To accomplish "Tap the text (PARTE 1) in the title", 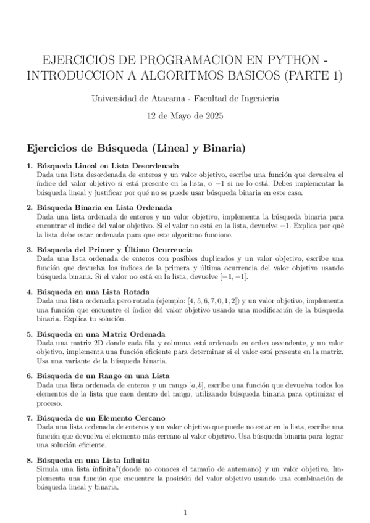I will [x=301, y=76].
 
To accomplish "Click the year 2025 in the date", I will [x=212, y=115].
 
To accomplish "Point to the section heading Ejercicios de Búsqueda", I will [x=136, y=149].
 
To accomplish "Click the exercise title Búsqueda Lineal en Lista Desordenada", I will [x=108, y=166].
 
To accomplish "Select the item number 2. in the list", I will [x=30, y=208].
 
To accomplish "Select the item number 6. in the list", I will [x=30, y=376].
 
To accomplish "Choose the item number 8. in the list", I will [x=30, y=460].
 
